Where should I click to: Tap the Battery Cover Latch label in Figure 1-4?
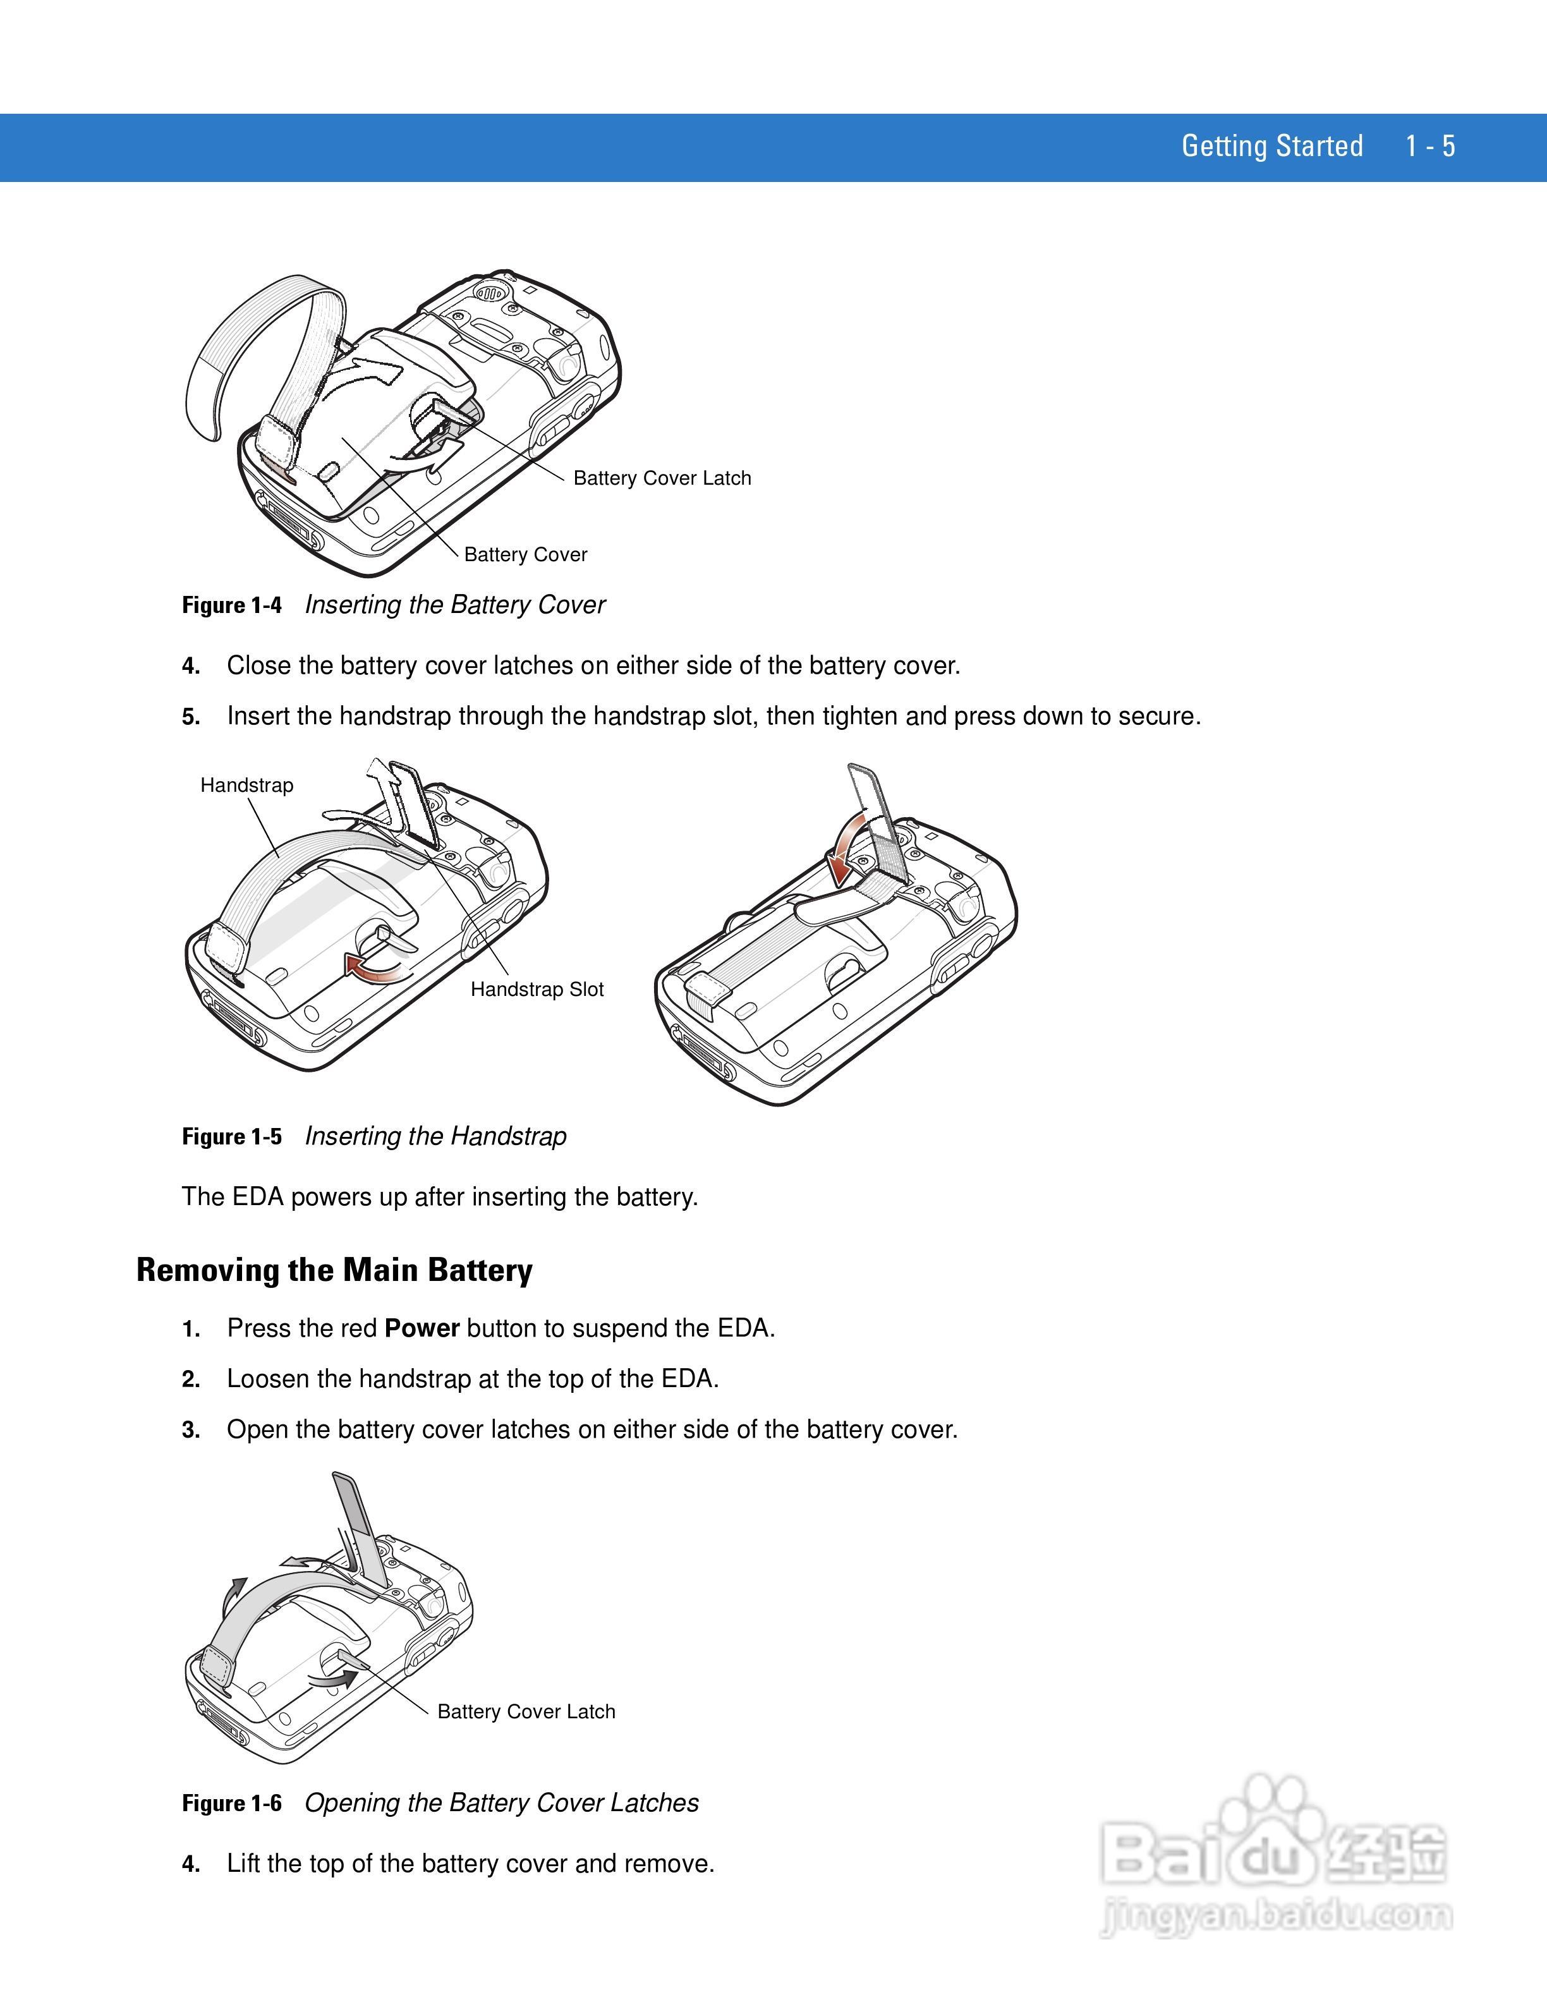pyautogui.click(x=662, y=478)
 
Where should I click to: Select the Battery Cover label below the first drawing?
pyautogui.click(x=525, y=555)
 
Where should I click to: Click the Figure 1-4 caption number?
pyautogui.click(x=232, y=605)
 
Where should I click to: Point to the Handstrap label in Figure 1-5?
pyautogui.click(x=246, y=786)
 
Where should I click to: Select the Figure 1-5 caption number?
pyautogui.click(x=232, y=1137)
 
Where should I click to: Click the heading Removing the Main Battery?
pyautogui.click(x=334, y=1270)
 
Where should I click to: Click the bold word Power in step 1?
pyautogui.click(x=422, y=1329)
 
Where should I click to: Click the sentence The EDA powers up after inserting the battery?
pyautogui.click(x=440, y=1197)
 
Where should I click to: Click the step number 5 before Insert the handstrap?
pyautogui.click(x=191, y=717)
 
